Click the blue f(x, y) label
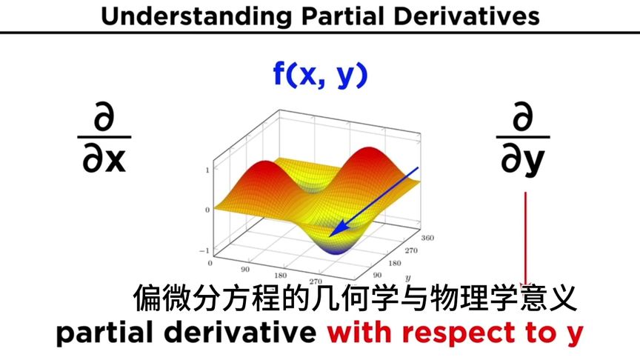click(319, 75)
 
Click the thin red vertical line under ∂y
click(526, 237)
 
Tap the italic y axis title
click(407, 276)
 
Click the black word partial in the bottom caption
click(110, 333)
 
